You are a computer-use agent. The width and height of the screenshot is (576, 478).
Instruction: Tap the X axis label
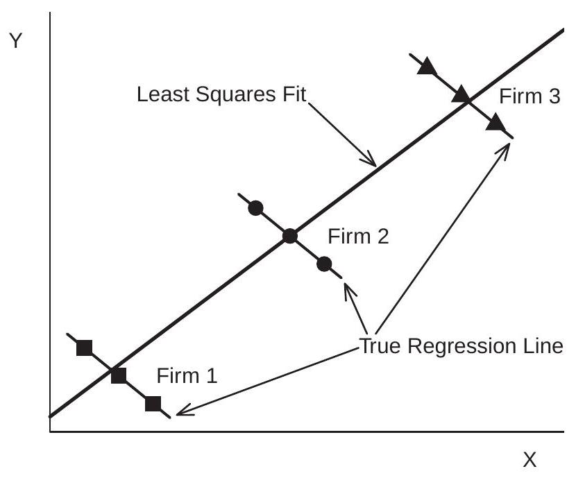pos(530,459)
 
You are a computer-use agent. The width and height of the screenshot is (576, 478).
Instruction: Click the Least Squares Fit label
pos(221,94)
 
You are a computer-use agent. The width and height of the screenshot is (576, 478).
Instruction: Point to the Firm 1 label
pos(187,377)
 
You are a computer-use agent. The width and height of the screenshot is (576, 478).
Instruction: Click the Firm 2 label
pos(358,237)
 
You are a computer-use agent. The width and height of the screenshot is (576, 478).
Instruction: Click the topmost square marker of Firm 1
pos(85,348)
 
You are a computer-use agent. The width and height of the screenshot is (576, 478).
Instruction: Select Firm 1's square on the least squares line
pos(119,376)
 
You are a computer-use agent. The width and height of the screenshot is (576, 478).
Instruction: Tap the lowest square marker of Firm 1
pos(153,404)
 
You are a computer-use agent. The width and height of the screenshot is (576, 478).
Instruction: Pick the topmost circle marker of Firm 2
pos(255,207)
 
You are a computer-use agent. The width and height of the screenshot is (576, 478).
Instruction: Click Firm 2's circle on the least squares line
pos(290,236)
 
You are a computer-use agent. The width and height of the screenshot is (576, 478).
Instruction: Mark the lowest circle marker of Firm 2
pos(325,264)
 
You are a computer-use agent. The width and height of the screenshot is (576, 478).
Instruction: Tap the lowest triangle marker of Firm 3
pos(495,123)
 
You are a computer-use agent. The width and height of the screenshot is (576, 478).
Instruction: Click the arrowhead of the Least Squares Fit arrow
pos(372,163)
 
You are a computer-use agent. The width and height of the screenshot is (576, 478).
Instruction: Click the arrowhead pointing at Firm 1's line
pos(180,413)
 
